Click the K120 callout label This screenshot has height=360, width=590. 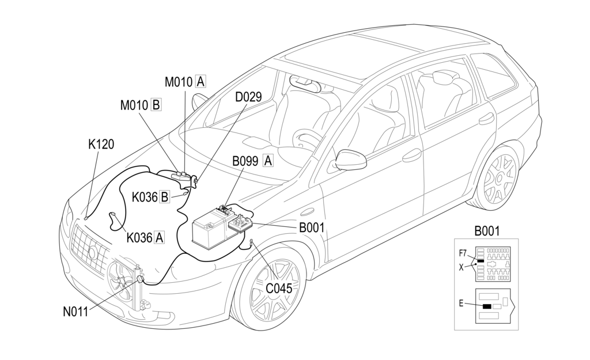pyautogui.click(x=101, y=145)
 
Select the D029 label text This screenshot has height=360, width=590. pyautogui.click(x=248, y=97)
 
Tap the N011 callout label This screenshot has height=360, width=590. pyautogui.click(x=75, y=312)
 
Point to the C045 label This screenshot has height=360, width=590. pyautogui.click(x=278, y=287)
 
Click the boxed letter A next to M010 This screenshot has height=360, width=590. pyautogui.click(x=200, y=82)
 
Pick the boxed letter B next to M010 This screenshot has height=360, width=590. pyautogui.click(x=156, y=105)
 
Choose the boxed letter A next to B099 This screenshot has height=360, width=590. pyautogui.click(x=268, y=161)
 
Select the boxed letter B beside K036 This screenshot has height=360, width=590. pyautogui.click(x=164, y=197)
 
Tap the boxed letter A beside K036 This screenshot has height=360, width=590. pyautogui.click(x=158, y=236)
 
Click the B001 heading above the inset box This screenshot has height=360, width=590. pyautogui.click(x=487, y=232)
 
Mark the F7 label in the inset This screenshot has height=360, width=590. pyautogui.click(x=463, y=253)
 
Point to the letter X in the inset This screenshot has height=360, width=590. pyautogui.click(x=461, y=267)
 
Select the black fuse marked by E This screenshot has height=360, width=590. pyautogui.click(x=487, y=306)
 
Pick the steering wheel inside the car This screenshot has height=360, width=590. pyautogui.click(x=307, y=138)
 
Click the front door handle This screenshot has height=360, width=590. pyautogui.click(x=412, y=155)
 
